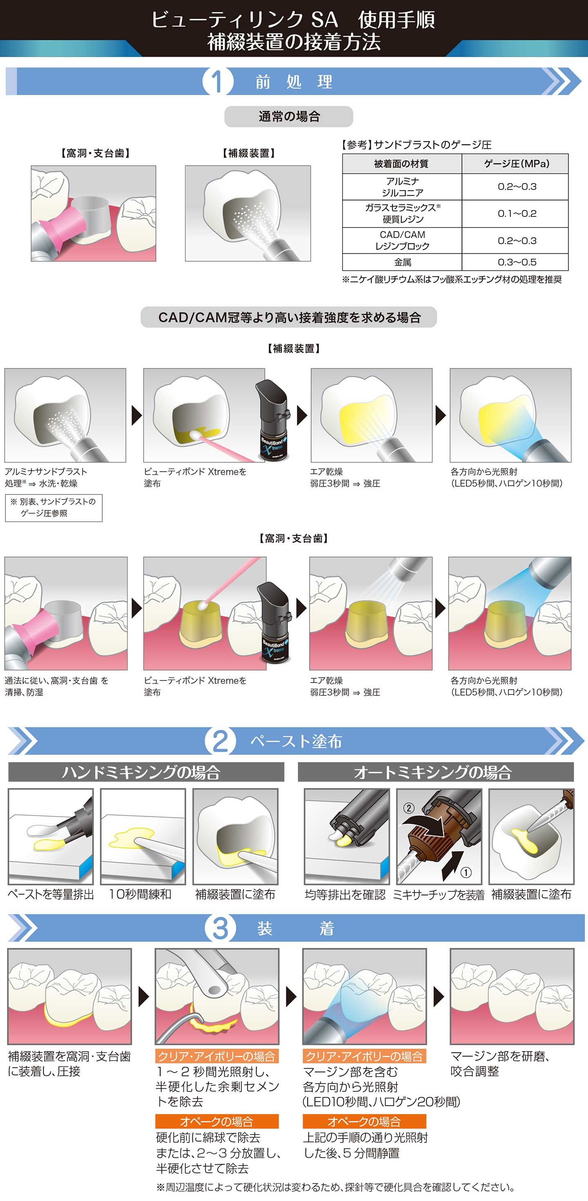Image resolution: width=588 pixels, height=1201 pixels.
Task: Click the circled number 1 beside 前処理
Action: click(218, 82)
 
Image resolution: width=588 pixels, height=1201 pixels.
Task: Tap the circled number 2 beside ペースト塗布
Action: click(220, 741)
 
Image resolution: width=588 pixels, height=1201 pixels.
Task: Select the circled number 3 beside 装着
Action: click(220, 928)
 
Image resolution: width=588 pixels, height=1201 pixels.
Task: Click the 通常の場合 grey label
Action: click(289, 117)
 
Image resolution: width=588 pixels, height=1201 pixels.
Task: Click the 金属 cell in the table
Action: click(403, 262)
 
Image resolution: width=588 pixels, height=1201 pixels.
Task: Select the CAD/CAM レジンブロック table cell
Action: click(403, 240)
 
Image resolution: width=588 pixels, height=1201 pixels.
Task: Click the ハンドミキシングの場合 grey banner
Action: click(146, 772)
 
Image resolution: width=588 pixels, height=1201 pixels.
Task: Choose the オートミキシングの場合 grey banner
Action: click(436, 772)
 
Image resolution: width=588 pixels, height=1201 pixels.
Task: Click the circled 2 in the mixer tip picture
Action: click(408, 808)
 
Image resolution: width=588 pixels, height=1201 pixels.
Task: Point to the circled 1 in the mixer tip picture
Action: click(465, 872)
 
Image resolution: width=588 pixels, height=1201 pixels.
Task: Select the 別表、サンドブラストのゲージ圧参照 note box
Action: click(53, 508)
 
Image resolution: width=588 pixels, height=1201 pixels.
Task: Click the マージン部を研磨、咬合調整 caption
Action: click(500, 1063)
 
